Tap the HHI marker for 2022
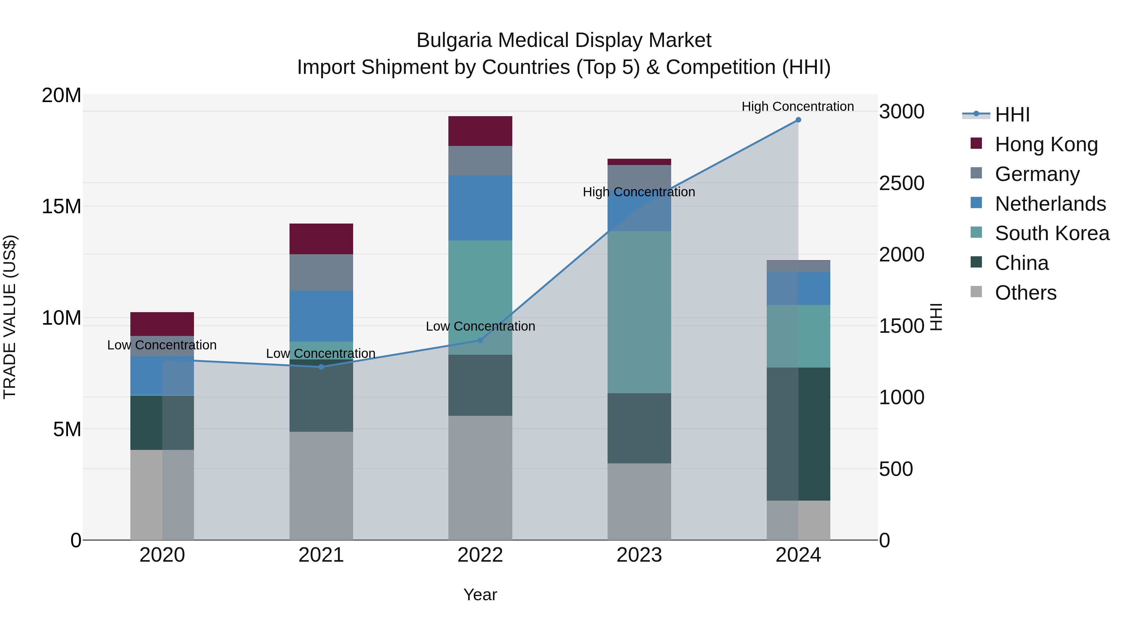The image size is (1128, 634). click(480, 340)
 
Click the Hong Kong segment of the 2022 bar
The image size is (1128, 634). click(480, 131)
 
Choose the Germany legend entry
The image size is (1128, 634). click(1037, 174)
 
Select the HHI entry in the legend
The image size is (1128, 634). click(1011, 115)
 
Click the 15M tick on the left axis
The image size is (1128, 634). click(61, 206)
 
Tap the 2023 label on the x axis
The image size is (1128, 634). click(639, 555)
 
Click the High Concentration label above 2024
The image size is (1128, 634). click(797, 106)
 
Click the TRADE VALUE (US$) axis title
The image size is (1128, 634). click(10, 317)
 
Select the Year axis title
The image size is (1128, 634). click(480, 595)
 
